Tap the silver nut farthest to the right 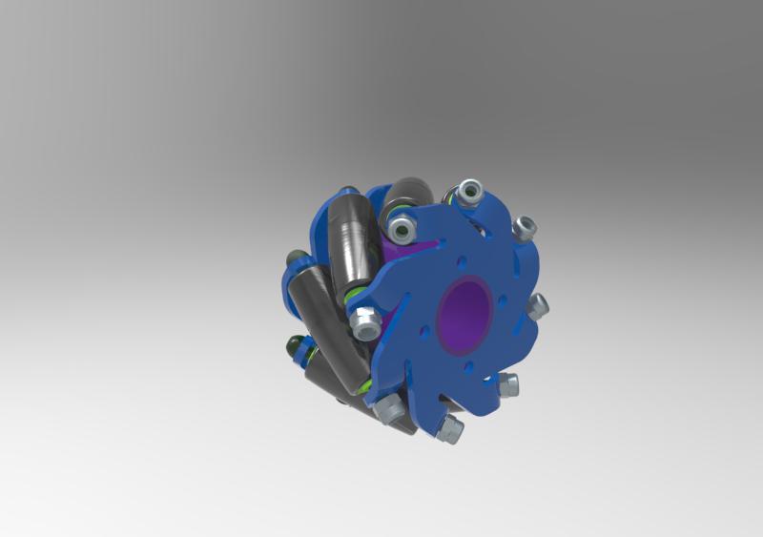coord(539,307)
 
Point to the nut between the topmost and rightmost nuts coord(524,228)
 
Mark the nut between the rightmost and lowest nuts coord(509,386)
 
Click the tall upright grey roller coord(348,243)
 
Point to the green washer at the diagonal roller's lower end coord(367,386)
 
